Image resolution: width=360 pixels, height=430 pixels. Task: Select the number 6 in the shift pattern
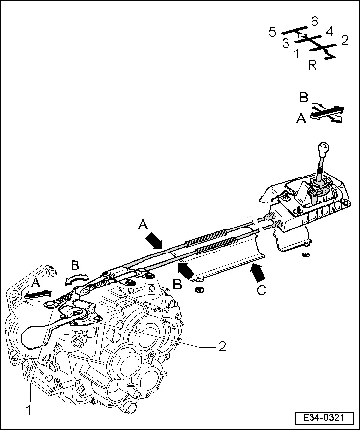tap(314, 21)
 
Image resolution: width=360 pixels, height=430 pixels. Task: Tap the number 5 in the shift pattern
tap(273, 32)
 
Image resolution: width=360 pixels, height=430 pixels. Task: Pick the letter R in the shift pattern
tap(312, 65)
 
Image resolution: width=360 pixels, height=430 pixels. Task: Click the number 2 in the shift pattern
tap(344, 40)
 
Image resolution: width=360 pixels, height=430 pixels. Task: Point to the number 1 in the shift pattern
tap(297, 53)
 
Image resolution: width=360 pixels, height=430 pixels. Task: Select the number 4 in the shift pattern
tap(329, 32)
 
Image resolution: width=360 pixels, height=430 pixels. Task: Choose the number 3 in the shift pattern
tap(286, 43)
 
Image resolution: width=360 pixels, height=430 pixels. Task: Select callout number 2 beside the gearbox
tap(222, 346)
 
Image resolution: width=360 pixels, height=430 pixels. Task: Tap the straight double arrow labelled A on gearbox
tap(38, 294)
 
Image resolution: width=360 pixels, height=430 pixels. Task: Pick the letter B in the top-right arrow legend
tap(304, 97)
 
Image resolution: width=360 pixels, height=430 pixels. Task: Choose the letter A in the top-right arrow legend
tap(301, 118)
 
